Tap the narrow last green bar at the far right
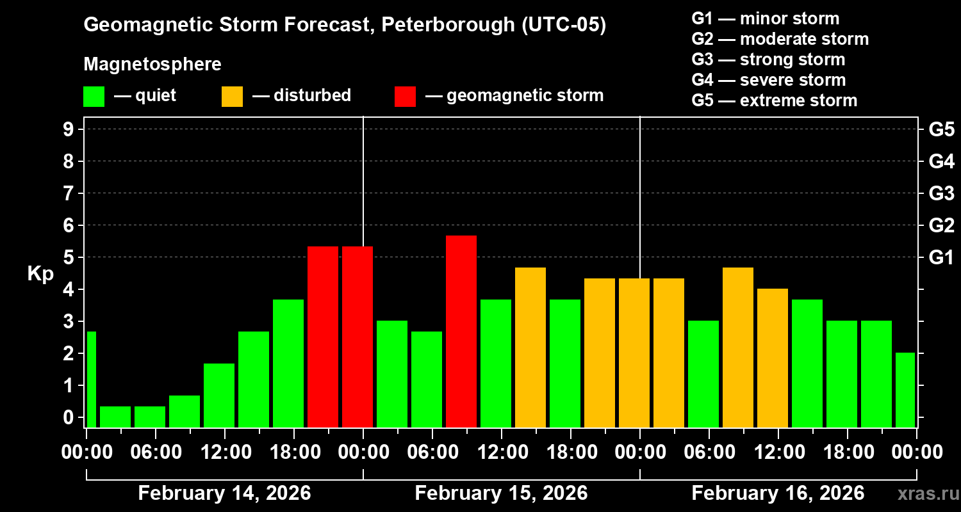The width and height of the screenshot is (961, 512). click(x=905, y=390)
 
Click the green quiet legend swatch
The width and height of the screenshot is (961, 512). click(x=94, y=97)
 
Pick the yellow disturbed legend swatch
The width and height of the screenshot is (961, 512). click(x=232, y=97)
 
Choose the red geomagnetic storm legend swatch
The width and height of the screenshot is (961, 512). click(x=405, y=97)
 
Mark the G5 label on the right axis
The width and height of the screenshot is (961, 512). click(x=941, y=129)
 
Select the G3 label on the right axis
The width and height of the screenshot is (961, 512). click(x=941, y=193)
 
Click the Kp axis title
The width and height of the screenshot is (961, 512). click(x=40, y=274)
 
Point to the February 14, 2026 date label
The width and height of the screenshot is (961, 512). click(x=224, y=493)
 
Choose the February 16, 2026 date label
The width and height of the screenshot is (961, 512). click(x=778, y=493)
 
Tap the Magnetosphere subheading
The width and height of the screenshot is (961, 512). click(x=152, y=65)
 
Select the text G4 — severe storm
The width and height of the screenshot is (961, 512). click(x=769, y=80)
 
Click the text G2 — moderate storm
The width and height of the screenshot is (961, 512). click(x=780, y=39)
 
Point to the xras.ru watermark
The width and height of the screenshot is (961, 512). click(x=926, y=495)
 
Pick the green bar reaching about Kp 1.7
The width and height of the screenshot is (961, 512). click(x=219, y=395)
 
